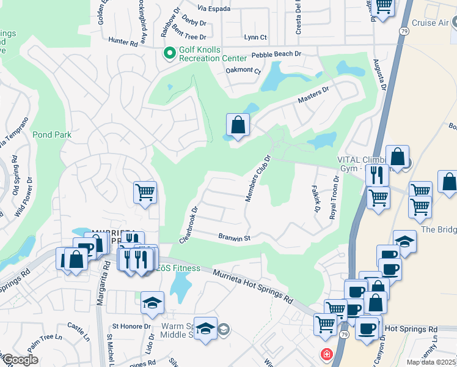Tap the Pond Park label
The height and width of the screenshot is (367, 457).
point(52,135)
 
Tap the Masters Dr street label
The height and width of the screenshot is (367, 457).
point(313,94)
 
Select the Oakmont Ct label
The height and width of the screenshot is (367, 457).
point(243,70)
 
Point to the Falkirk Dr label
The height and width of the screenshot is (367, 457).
point(316,199)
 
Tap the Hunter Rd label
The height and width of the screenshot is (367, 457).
point(123,42)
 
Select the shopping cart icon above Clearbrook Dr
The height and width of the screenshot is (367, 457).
point(145,193)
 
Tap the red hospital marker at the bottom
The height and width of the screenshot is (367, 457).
point(327,354)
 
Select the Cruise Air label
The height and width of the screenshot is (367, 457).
point(431,23)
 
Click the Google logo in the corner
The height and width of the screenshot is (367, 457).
point(20,360)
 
